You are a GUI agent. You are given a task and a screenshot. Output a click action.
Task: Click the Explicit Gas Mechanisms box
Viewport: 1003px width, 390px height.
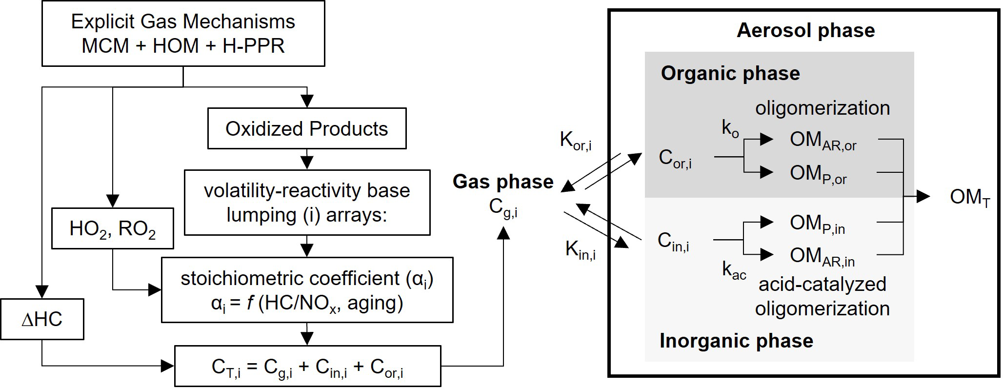(x=183, y=34)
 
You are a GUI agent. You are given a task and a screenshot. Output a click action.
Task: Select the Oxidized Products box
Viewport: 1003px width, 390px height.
(x=306, y=128)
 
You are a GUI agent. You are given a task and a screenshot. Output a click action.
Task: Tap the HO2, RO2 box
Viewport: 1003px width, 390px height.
(x=112, y=228)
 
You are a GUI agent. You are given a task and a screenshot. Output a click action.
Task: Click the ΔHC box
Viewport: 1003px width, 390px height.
(x=42, y=319)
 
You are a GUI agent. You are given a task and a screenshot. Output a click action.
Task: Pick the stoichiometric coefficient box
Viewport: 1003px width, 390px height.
(x=307, y=290)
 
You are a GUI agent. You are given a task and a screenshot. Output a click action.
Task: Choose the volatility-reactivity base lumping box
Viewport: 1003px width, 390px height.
(x=307, y=203)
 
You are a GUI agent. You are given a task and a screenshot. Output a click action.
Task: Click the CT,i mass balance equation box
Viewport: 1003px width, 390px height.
(x=307, y=367)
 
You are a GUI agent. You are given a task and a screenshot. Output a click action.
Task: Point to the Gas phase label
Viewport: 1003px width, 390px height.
(x=503, y=182)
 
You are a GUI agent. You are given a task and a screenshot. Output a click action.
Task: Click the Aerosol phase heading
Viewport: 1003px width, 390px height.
(x=805, y=30)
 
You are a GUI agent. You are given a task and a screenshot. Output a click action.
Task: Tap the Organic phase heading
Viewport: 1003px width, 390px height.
(x=730, y=73)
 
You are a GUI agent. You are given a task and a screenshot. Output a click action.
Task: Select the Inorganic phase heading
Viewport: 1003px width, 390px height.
(x=736, y=341)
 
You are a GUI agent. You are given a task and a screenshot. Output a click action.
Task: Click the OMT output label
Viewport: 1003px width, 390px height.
(x=969, y=197)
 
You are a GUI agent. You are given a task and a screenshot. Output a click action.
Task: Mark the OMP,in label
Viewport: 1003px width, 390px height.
(x=817, y=224)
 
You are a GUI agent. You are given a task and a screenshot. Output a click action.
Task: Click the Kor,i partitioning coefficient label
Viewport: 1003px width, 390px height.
(x=576, y=141)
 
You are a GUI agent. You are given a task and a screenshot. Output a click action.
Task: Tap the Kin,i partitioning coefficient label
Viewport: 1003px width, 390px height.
(x=580, y=250)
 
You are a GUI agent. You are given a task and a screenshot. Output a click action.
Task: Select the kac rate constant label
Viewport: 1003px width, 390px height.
(x=734, y=270)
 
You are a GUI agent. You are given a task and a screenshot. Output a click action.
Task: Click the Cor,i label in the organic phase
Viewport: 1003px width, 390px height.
(x=675, y=158)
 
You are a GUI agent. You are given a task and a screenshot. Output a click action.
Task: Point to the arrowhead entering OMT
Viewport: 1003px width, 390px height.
(x=923, y=197)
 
